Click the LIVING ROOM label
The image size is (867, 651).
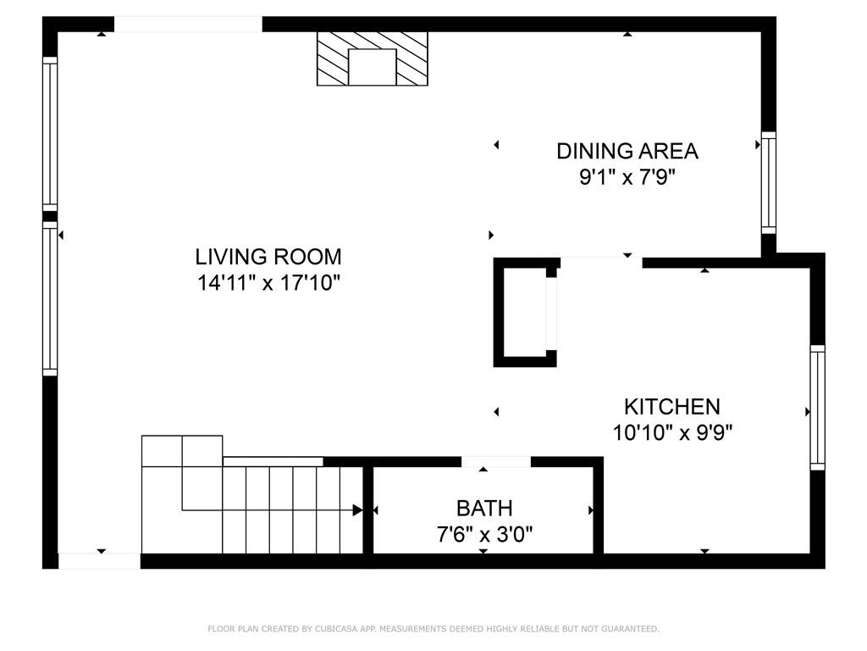coord(268,257)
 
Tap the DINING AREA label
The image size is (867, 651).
coord(627,151)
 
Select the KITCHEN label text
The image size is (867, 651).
coord(671,407)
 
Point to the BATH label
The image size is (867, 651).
coord(484,509)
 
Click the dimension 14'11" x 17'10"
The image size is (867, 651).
coord(268,283)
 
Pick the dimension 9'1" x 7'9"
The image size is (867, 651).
coord(627,178)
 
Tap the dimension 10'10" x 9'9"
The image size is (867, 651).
coord(671,433)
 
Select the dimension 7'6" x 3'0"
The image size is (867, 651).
coord(484,535)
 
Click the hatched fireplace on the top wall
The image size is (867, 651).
coord(373,58)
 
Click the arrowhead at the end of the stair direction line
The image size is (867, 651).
coord(358,509)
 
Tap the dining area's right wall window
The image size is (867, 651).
coord(769,183)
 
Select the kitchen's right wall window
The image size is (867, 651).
coord(817,408)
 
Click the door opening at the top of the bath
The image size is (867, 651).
coord(496,462)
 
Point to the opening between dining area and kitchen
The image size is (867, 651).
coord(601,263)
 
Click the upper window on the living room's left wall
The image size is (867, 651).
coord(50,134)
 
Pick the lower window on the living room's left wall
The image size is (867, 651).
coord(50,299)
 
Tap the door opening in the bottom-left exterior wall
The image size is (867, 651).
coord(100,561)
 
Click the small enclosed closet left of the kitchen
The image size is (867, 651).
coord(525,312)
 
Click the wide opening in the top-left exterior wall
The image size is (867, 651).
coord(188,25)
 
